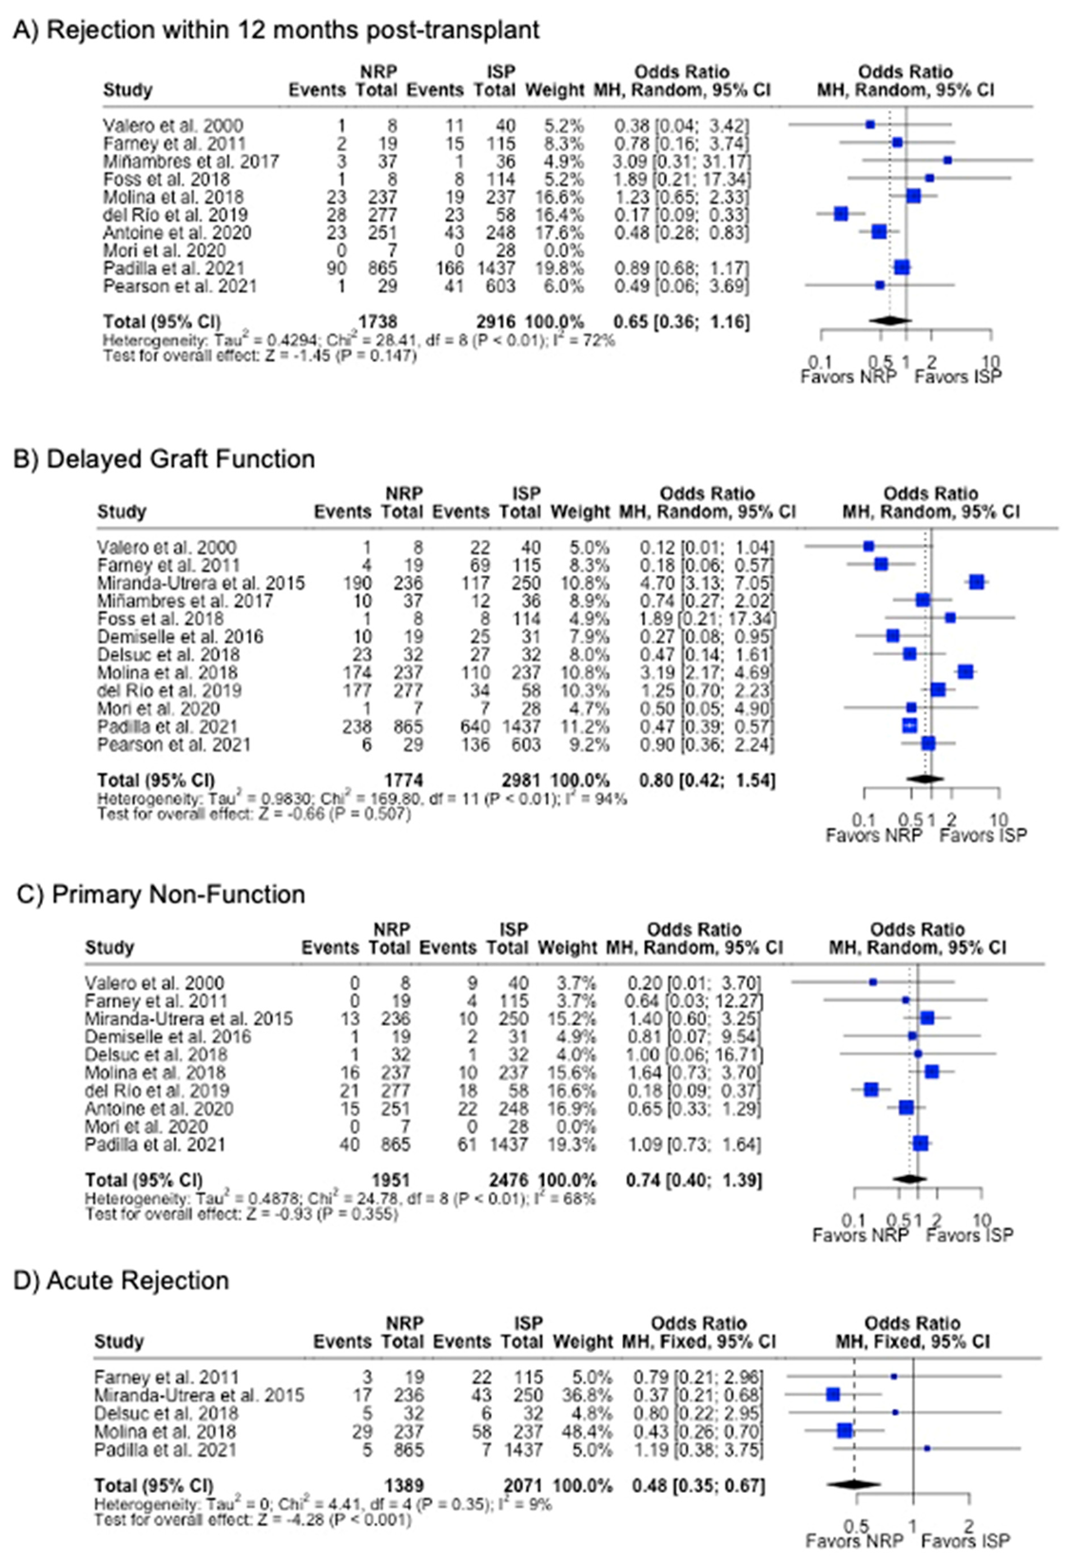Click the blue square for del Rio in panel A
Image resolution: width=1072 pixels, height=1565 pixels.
(841, 214)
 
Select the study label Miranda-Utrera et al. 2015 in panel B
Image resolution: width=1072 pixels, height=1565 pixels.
(201, 583)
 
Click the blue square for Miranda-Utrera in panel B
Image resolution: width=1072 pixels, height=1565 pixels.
(976, 582)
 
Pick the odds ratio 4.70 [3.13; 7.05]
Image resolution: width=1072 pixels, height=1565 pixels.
(707, 583)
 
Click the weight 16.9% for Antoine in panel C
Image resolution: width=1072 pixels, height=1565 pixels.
(568, 1109)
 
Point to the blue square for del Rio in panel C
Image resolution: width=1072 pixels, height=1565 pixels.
(870, 1090)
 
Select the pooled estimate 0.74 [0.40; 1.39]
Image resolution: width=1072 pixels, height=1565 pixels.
(694, 1180)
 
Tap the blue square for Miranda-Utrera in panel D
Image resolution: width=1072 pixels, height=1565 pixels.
(833, 1395)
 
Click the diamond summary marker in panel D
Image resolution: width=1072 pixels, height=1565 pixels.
(853, 1484)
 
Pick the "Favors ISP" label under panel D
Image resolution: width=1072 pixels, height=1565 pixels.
(965, 1540)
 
